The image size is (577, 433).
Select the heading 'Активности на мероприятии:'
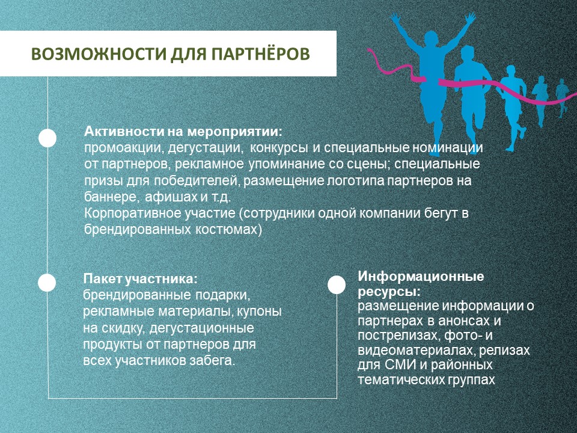point(183,131)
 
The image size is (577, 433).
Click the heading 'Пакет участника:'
point(140,280)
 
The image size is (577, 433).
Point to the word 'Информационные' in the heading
point(421,277)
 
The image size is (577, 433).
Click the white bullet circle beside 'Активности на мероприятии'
point(47,138)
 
